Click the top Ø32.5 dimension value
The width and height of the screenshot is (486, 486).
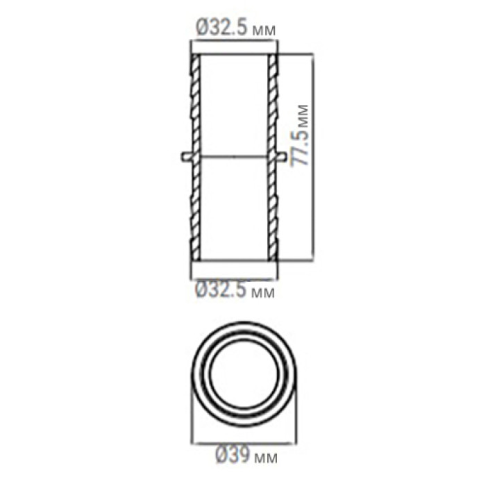pyautogui.click(x=222, y=27)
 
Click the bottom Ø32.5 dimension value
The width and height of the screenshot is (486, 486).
pyautogui.click(x=221, y=290)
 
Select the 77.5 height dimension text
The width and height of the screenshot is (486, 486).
pyautogui.click(x=300, y=146)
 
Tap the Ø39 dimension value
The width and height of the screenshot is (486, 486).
pyautogui.click(x=233, y=454)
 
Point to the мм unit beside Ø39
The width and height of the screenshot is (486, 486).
pyautogui.click(x=266, y=458)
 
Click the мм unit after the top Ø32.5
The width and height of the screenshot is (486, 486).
pyautogui.click(x=264, y=31)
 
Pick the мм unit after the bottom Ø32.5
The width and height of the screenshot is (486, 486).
pyautogui.click(x=263, y=293)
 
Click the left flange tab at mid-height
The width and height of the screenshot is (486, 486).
pyautogui.click(x=187, y=156)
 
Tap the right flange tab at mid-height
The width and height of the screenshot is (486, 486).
pyautogui.click(x=281, y=156)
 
